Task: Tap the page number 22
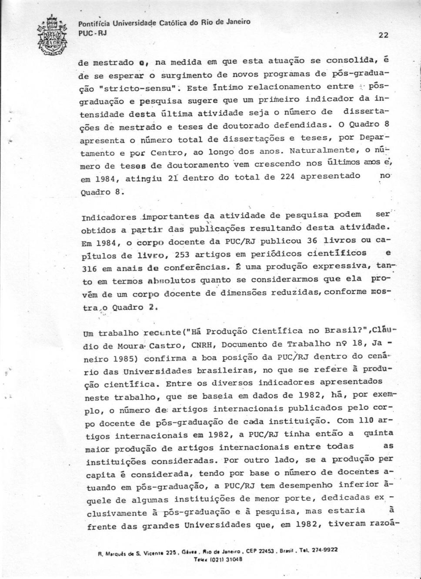click(383, 36)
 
